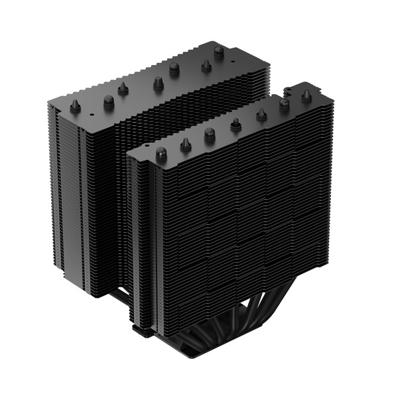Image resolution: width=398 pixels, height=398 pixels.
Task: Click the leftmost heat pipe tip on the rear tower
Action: pos(75,105)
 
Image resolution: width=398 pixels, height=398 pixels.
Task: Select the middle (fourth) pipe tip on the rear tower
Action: pos(158,83)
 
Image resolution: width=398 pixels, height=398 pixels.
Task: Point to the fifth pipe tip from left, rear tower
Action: pos(174,68)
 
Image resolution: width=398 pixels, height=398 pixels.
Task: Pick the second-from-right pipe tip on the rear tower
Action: pos(206,65)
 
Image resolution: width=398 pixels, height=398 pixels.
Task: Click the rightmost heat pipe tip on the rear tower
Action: pos(218,51)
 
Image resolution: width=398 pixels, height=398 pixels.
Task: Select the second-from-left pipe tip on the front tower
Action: pos(186,143)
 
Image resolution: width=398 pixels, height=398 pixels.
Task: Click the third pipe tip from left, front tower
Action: pos(210,134)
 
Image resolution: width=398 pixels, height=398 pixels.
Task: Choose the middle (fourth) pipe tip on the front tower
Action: pos(235,124)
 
